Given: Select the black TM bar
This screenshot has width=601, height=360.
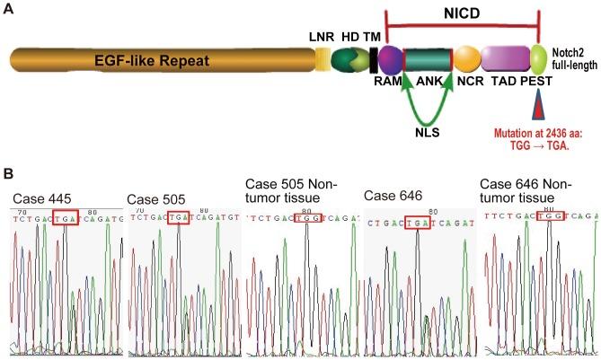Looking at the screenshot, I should point(373,61).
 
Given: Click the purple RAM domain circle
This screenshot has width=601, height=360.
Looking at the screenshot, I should point(390,61).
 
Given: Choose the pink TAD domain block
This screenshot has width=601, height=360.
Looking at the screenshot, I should point(506,61).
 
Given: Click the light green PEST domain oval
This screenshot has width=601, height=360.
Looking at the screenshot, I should point(539,61).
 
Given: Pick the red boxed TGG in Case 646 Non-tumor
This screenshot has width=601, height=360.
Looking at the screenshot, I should point(547,215).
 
